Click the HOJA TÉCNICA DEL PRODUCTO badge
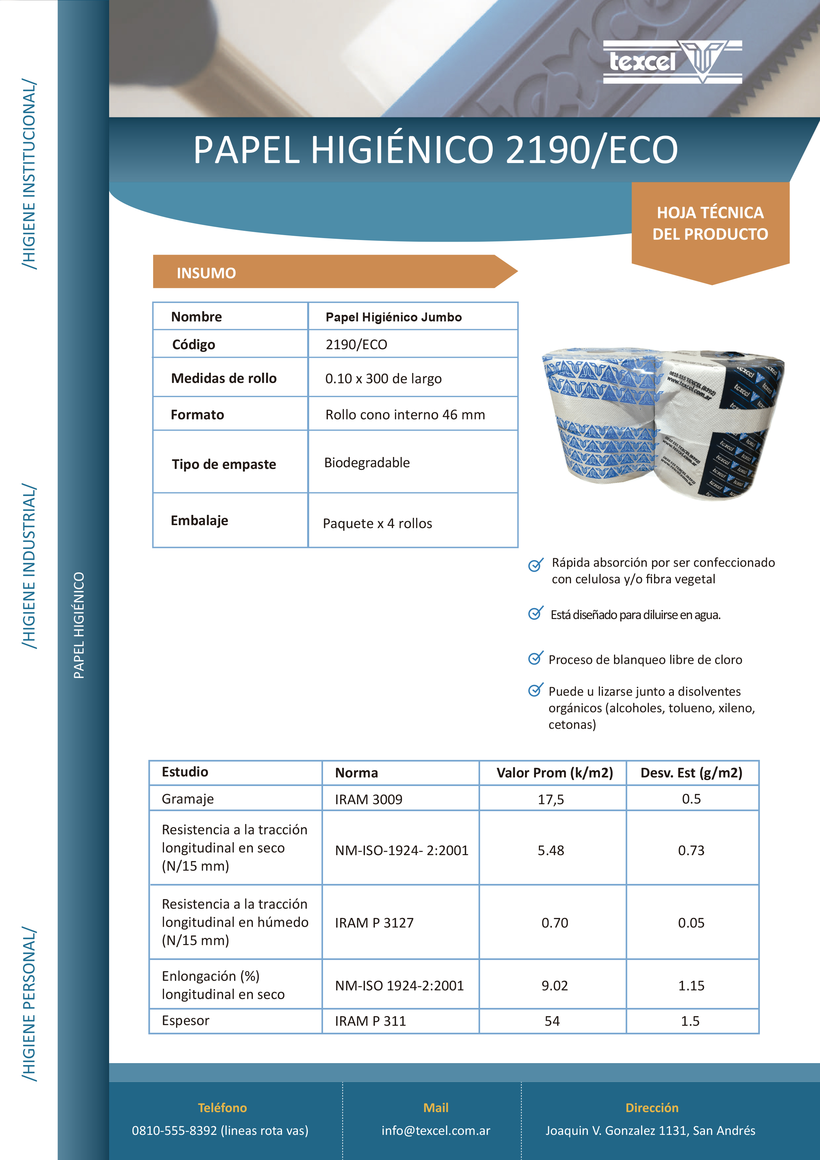710,223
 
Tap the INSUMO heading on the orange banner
206,273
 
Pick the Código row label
193,345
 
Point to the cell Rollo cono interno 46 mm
405,415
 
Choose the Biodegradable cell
367,463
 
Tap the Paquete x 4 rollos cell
377,523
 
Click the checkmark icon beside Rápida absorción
535,565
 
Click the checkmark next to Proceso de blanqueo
535,658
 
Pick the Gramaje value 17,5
551,799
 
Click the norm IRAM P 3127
374,923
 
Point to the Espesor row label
185,1020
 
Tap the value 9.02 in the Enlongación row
554,986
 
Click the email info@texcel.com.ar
435,1131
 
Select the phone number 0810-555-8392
174,1131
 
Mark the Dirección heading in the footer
652,1108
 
